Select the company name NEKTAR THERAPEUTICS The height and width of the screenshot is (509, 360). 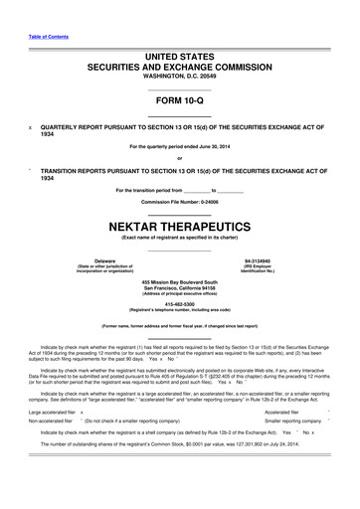[x=179, y=228]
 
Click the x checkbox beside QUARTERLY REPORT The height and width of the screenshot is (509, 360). [x=31, y=127]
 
